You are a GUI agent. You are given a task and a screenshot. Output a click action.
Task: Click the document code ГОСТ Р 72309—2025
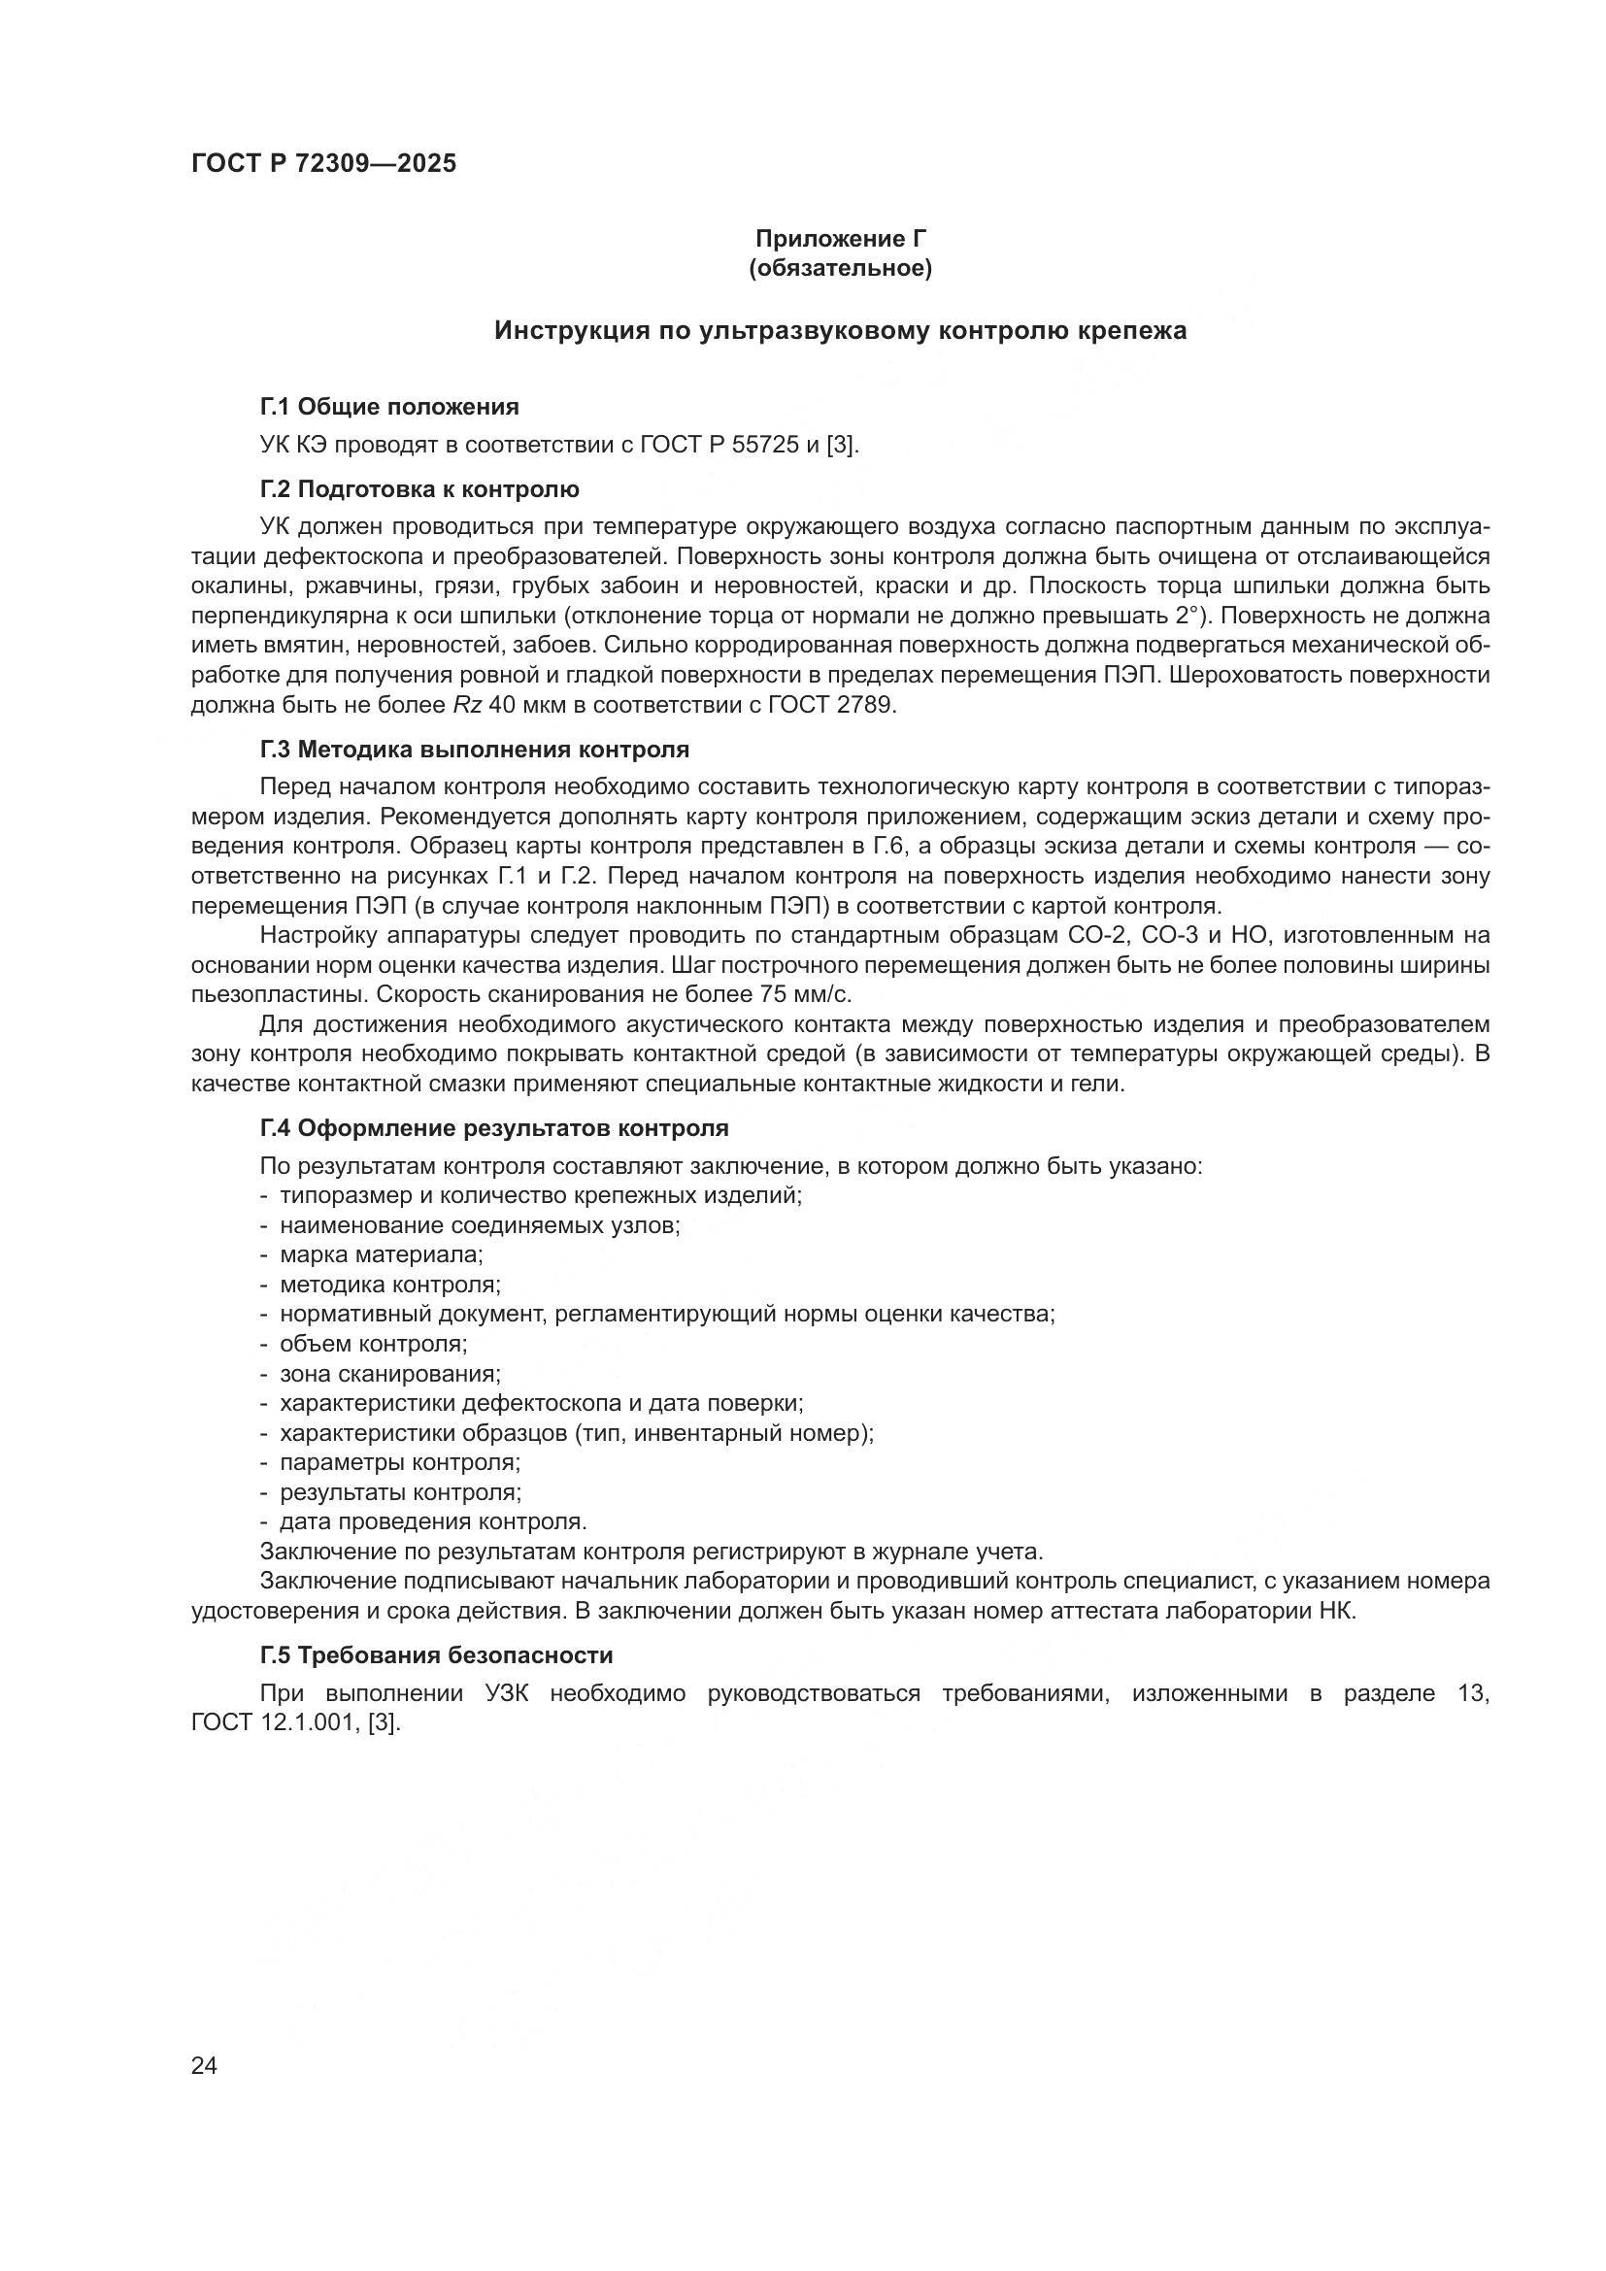tap(323, 164)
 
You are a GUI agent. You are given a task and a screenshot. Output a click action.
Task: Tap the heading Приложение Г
tap(841, 239)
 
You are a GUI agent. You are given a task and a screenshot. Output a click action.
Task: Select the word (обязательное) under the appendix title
tap(841, 268)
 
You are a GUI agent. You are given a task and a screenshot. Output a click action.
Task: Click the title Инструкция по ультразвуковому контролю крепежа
tap(841, 330)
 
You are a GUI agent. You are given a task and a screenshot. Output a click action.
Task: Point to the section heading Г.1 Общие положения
tap(388, 407)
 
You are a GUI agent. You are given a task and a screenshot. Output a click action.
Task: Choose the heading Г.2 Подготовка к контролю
tap(419, 489)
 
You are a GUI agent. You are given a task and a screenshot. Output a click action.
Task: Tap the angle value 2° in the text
tap(1191, 617)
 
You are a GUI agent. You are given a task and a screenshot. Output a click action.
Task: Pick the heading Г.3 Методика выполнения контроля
tap(475, 750)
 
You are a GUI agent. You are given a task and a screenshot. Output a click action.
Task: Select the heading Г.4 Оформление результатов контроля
tap(494, 1128)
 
